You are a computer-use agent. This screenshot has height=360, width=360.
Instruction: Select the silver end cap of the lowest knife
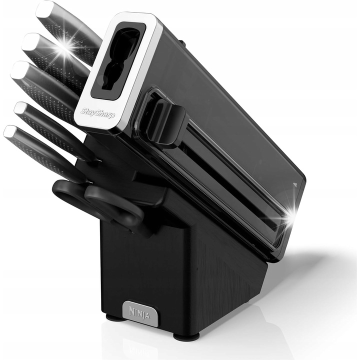10,132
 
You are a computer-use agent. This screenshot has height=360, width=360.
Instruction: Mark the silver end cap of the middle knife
19,69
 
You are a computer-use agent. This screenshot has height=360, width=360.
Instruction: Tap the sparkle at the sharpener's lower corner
288,218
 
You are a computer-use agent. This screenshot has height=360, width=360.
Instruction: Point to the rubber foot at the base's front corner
186,336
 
